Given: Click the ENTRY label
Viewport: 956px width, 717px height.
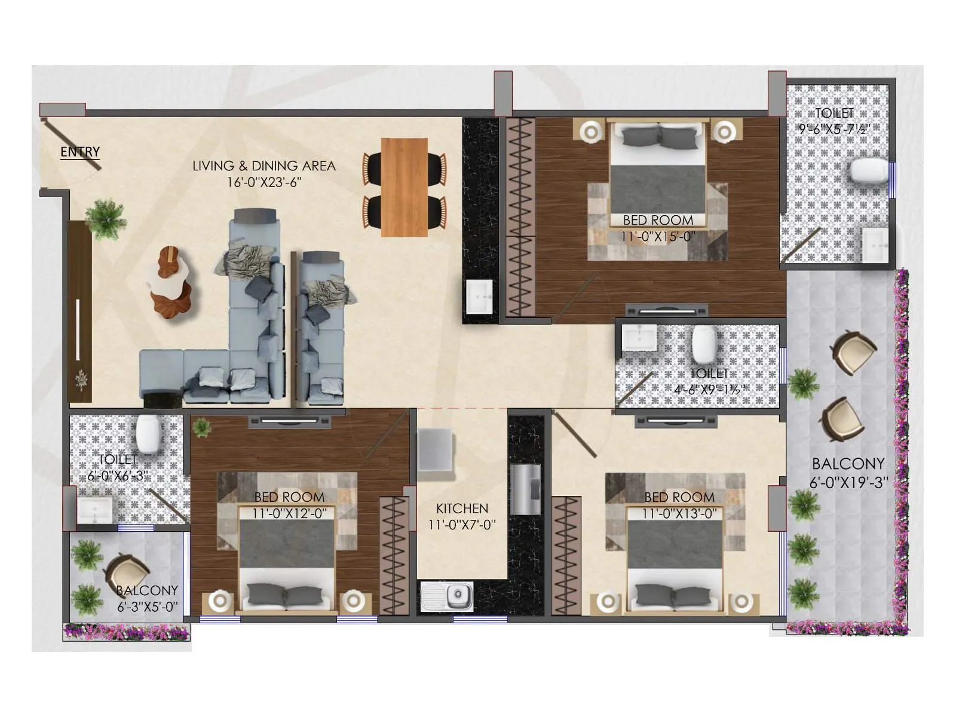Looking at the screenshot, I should pyautogui.click(x=80, y=152).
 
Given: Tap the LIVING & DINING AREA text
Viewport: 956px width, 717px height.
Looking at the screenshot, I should pyautogui.click(x=263, y=166).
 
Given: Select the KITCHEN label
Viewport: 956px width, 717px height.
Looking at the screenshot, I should pyautogui.click(x=462, y=508).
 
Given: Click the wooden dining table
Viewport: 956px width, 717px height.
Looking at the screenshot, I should pyautogui.click(x=404, y=187).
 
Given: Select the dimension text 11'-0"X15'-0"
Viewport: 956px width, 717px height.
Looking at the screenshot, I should pyautogui.click(x=657, y=237).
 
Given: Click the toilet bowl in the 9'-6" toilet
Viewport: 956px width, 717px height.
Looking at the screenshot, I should pyautogui.click(x=869, y=171).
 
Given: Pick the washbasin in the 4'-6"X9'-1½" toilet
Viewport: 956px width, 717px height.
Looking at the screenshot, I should pyautogui.click(x=639, y=338).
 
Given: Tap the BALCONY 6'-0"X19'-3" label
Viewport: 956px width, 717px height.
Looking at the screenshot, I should pyautogui.click(x=848, y=472).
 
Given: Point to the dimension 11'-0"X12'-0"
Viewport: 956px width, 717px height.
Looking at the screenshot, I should pyautogui.click(x=289, y=513).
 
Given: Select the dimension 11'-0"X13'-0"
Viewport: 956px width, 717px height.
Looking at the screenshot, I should pyautogui.click(x=679, y=513).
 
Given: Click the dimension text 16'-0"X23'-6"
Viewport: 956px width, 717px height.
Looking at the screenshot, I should pyautogui.click(x=263, y=182).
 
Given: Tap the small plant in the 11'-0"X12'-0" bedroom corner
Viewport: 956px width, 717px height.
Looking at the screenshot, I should pyautogui.click(x=202, y=427).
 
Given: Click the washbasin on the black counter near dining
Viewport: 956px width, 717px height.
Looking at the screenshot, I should pyautogui.click(x=479, y=297).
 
